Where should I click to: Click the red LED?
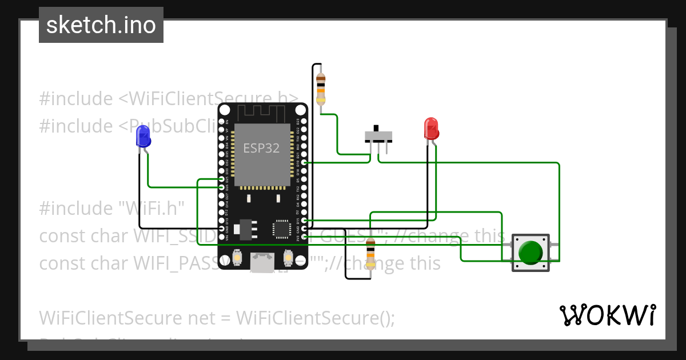(x=430, y=129)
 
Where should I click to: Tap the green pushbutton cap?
(x=531, y=252)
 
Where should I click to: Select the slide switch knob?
(x=377, y=129)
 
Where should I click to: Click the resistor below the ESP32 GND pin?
(x=370, y=255)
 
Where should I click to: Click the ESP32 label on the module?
(x=261, y=148)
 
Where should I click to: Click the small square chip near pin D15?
(x=282, y=228)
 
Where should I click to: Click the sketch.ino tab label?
(x=101, y=25)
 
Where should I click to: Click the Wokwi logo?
(x=607, y=315)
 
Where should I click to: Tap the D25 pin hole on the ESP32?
(x=222, y=179)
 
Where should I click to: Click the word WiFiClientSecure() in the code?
(x=315, y=317)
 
